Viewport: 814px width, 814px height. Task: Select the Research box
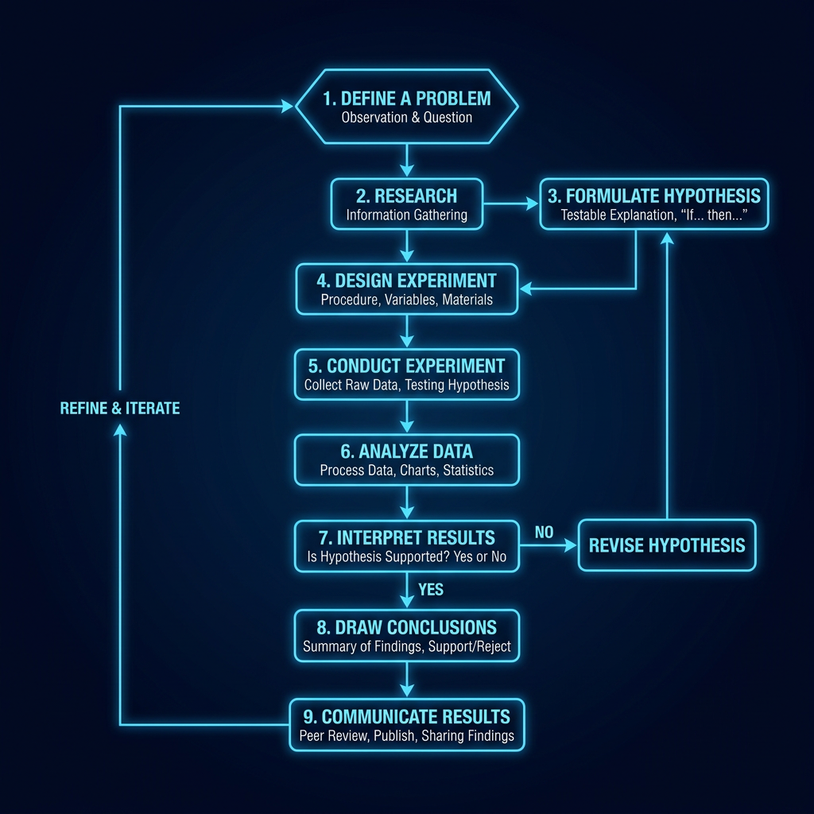click(x=406, y=203)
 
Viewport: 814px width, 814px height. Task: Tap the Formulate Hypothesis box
click(x=653, y=203)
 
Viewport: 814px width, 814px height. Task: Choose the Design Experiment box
click(x=406, y=289)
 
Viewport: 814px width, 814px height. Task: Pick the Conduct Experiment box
click(x=406, y=374)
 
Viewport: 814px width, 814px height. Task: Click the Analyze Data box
click(x=406, y=459)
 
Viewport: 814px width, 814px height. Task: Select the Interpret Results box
click(x=406, y=546)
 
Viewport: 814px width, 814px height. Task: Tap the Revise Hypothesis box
click(x=666, y=545)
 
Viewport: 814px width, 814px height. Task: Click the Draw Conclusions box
click(x=406, y=636)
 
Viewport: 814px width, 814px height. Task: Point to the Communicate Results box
click(x=406, y=723)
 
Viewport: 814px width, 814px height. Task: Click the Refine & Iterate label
click(x=120, y=409)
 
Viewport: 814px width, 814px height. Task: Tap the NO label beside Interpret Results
click(x=544, y=533)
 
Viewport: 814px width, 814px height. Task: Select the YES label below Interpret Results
click(x=430, y=590)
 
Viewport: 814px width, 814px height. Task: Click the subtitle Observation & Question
click(x=406, y=118)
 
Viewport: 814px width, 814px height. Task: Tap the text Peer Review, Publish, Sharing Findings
click(x=406, y=736)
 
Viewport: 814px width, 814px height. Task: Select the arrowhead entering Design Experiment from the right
click(x=528, y=289)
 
